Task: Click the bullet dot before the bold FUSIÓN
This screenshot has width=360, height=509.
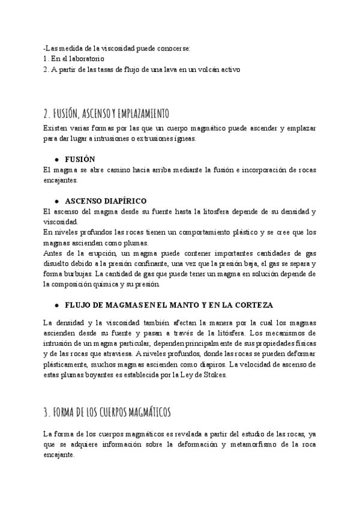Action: click(56, 160)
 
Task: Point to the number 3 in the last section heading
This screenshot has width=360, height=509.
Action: click(46, 412)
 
